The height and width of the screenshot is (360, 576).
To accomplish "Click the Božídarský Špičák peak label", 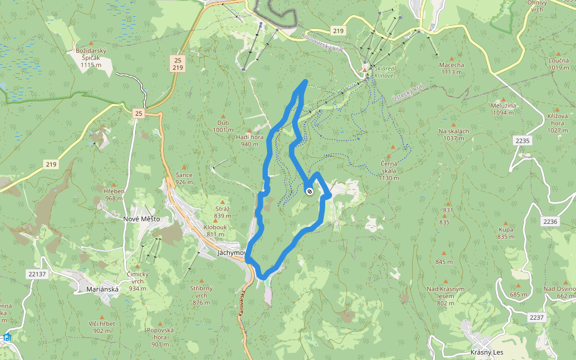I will [x=91, y=58].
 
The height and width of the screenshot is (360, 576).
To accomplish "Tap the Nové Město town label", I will [x=141, y=219].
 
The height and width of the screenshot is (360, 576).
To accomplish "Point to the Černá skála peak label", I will [x=389, y=170].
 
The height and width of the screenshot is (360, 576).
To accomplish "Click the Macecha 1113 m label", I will [x=452, y=68].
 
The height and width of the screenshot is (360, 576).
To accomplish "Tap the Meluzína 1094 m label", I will [x=504, y=109].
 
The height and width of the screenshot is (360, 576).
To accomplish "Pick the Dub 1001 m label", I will [x=223, y=126].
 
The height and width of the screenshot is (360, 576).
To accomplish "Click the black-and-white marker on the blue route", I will [x=309, y=191].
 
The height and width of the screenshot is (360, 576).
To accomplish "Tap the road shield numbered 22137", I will [x=37, y=274].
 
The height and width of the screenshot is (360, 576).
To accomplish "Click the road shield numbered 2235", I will [x=523, y=140].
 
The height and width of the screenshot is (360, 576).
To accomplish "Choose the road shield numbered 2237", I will [x=536, y=317].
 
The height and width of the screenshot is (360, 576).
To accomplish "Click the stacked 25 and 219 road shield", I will [x=176, y=64].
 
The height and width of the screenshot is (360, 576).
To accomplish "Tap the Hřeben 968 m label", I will [x=114, y=194].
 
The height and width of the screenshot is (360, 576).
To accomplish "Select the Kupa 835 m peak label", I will [x=506, y=233].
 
